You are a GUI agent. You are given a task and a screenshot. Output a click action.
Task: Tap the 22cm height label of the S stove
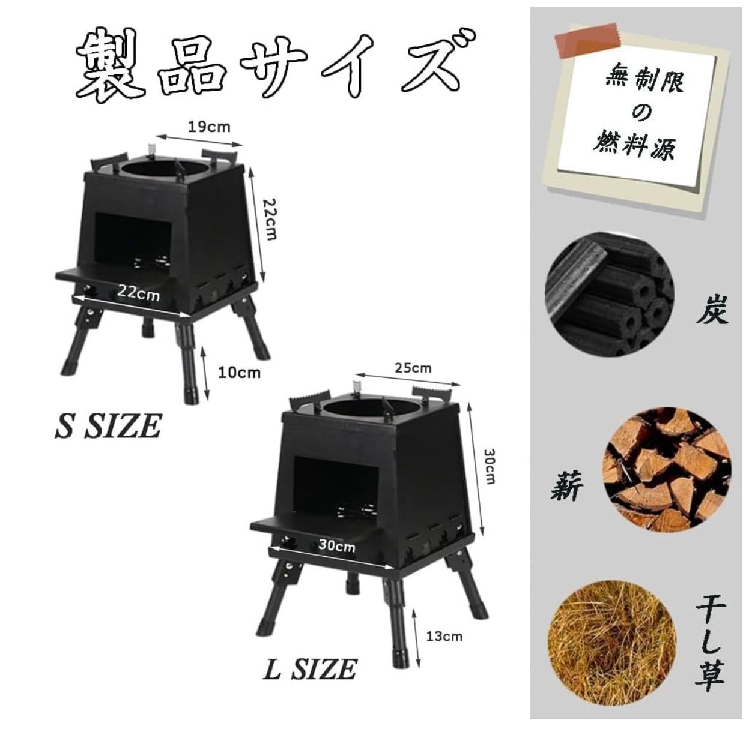(x=268, y=220)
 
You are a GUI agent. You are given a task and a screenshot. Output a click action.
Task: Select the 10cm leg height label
(x=239, y=373)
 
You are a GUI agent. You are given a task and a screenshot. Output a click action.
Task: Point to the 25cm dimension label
(x=413, y=368)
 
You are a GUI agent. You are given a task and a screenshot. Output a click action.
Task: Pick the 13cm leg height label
(x=444, y=635)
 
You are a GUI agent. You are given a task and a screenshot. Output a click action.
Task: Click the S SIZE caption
(x=109, y=426)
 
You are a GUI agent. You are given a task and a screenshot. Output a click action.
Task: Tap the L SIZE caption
(x=311, y=669)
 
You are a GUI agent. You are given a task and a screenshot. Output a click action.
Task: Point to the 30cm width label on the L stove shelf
(x=336, y=545)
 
